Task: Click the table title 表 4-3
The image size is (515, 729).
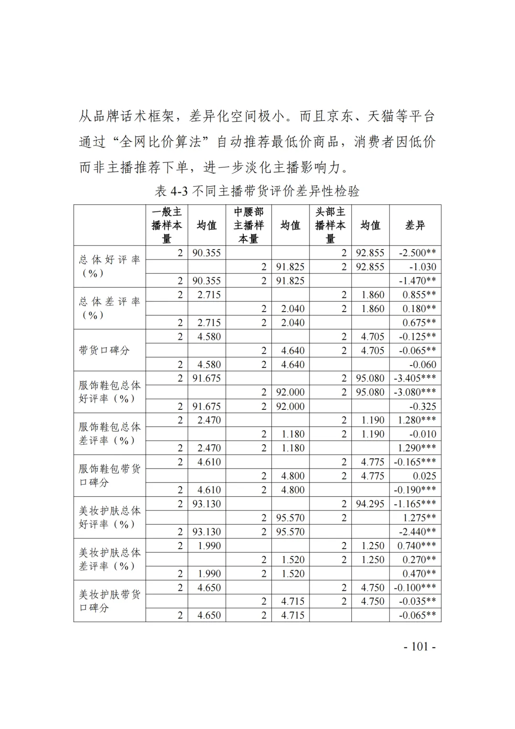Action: click(257, 191)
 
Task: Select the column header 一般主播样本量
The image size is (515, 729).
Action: click(166, 225)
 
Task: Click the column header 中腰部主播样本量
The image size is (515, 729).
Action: click(248, 225)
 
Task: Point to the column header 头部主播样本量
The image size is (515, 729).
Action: click(330, 225)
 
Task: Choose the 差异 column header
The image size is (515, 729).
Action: click(415, 225)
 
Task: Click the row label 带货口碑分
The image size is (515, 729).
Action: click(104, 350)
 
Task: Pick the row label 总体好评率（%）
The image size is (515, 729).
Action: click(109, 266)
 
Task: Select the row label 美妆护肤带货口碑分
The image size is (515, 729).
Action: click(109, 601)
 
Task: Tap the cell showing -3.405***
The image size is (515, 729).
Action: click(415, 378)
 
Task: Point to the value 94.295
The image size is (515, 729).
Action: click(370, 504)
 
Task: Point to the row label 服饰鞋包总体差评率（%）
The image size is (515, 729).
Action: click(109, 434)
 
